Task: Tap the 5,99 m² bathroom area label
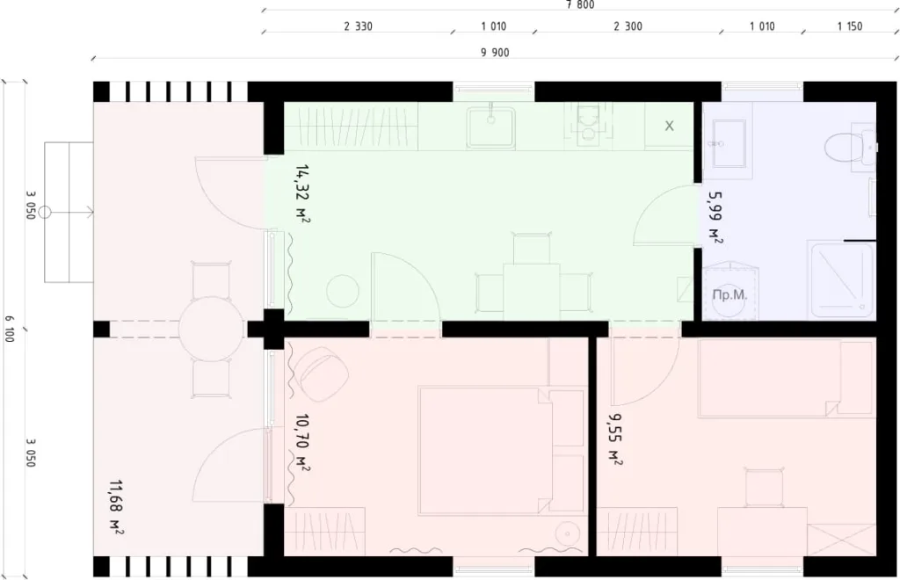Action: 715,218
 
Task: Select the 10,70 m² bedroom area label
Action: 301,443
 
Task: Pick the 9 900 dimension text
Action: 495,53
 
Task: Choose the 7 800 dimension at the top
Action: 581,4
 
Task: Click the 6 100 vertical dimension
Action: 9,330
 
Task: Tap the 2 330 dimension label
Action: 358,26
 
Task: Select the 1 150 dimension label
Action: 849,26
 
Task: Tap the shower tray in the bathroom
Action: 841,279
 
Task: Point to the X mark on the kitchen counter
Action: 669,126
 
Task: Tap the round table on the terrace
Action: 211,329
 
